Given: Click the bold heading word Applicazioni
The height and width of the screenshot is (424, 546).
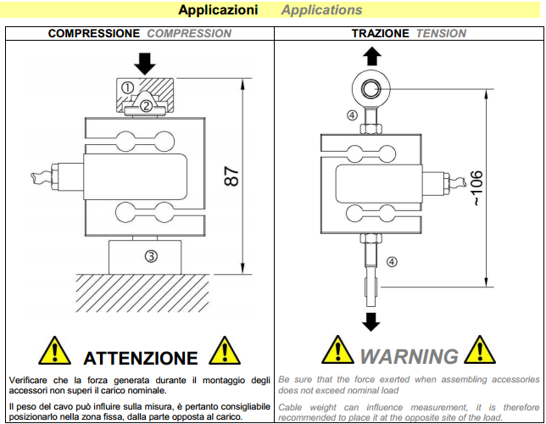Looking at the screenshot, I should coord(218,10).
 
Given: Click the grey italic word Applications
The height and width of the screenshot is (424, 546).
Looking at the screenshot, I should coord(321,10).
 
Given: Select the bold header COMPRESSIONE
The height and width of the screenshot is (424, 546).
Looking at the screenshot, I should coord(94,34).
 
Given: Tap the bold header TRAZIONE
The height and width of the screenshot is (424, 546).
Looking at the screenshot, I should coord(381,34).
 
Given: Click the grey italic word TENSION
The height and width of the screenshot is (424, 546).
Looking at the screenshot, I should coord(441,34).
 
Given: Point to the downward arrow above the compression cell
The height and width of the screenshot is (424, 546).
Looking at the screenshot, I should coord(145,63).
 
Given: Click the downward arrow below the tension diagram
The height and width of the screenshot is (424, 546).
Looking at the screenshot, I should coord(370,321).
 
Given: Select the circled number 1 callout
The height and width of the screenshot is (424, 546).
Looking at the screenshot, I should coord(127,87).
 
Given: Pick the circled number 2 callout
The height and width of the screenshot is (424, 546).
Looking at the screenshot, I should coord(146,106).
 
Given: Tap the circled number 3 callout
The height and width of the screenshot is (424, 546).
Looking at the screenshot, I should coord(149,255).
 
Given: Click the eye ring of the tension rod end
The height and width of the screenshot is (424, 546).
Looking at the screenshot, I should coord(370,89).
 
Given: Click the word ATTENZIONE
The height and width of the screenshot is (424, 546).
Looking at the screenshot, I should coord(141,357).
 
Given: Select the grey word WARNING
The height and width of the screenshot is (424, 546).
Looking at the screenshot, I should coord(409,356).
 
